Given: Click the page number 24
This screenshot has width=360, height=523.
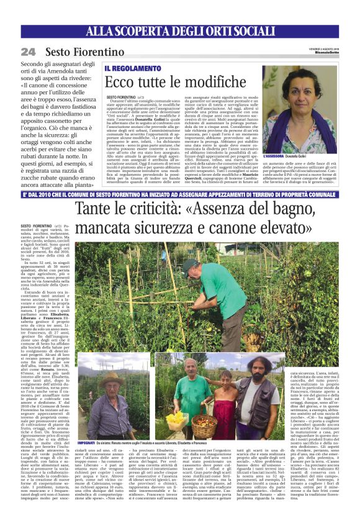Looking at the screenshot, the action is point(28,52).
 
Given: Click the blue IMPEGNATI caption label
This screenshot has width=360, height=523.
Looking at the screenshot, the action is point(89,443).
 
